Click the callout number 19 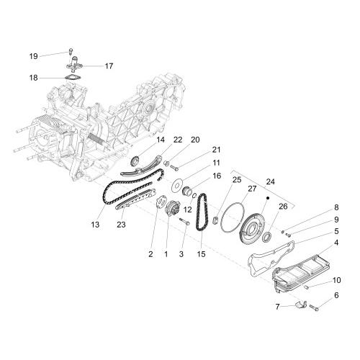(34, 56)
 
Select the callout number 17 (109, 66)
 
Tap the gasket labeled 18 (73, 78)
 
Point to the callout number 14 (161, 140)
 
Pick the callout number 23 (121, 225)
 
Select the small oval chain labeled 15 (202, 212)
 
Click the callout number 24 (270, 181)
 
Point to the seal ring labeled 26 (267, 237)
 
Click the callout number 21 (216, 150)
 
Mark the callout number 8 (336, 207)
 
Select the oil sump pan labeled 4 (301, 271)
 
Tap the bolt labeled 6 (314, 307)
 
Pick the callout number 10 (337, 280)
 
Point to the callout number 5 (336, 231)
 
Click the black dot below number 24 (268, 198)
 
